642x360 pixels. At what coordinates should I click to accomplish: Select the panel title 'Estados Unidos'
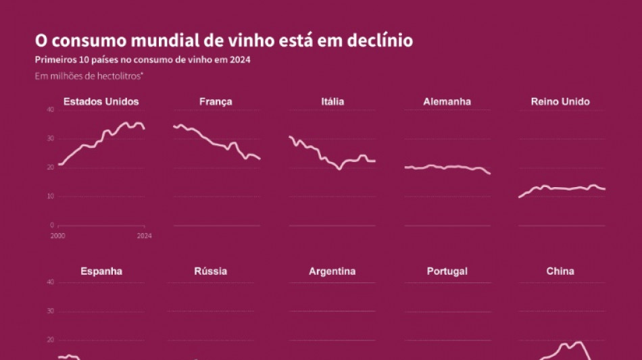101,102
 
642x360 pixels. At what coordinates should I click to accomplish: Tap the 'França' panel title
216,102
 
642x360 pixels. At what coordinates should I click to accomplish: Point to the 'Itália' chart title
332,102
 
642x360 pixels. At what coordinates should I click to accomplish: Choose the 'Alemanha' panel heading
447,102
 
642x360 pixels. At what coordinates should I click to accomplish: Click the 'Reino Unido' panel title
560,102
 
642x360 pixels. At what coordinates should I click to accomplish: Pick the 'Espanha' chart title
101,272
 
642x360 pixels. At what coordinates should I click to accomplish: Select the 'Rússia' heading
211,272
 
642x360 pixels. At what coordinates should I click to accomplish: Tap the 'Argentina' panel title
332,272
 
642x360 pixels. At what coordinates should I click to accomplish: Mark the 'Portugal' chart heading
447,272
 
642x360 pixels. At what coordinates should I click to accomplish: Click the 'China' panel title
560,272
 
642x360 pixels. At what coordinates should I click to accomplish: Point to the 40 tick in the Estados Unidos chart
50,110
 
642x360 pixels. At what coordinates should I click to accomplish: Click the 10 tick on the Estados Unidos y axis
50,197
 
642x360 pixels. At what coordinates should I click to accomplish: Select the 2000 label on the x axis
57,236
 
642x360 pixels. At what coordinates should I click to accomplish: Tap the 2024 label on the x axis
144,236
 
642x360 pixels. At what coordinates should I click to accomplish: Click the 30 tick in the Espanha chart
50,311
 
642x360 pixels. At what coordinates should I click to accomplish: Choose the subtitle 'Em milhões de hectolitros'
89,76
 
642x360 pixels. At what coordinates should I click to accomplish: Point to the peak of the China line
579,342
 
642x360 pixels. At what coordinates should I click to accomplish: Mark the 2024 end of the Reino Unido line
605,189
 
